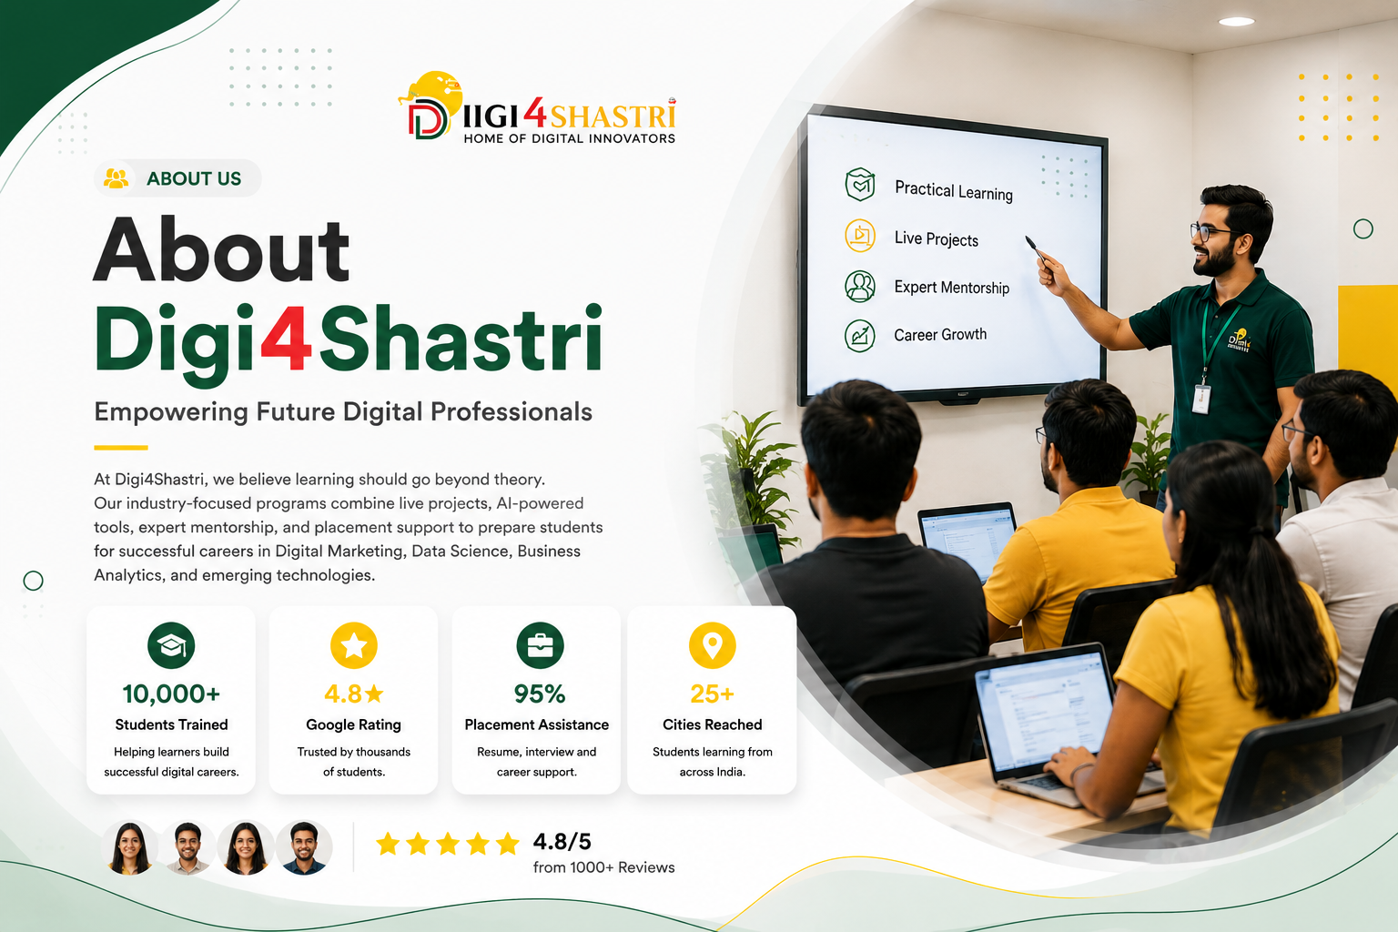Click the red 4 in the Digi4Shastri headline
(x=286, y=339)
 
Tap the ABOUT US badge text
(x=194, y=178)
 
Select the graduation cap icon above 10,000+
(x=171, y=645)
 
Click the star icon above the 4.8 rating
(x=354, y=645)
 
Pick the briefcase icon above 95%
(x=540, y=645)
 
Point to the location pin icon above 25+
(x=712, y=645)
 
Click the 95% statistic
(x=540, y=694)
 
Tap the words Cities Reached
(x=712, y=724)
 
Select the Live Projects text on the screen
(x=937, y=238)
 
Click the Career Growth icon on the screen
(x=860, y=336)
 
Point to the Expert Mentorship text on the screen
(x=952, y=287)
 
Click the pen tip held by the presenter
(x=1028, y=238)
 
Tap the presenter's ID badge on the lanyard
(x=1200, y=400)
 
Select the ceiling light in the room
(x=1236, y=22)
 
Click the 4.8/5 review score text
(x=562, y=842)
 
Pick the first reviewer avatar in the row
(x=130, y=847)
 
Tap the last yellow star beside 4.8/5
(x=508, y=844)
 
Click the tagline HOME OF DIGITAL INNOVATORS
(x=569, y=138)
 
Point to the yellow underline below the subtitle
(x=120, y=448)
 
